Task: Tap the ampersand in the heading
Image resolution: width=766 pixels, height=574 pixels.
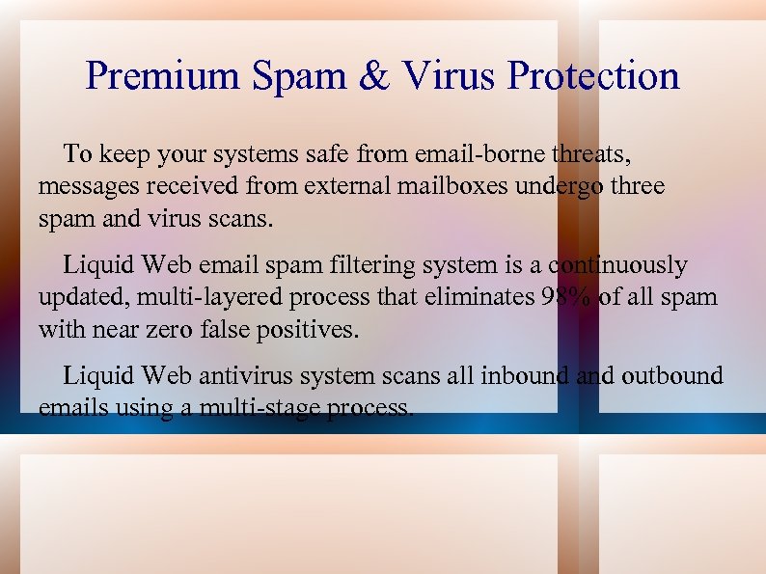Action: point(373,76)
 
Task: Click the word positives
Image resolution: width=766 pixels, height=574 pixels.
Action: point(308,330)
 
